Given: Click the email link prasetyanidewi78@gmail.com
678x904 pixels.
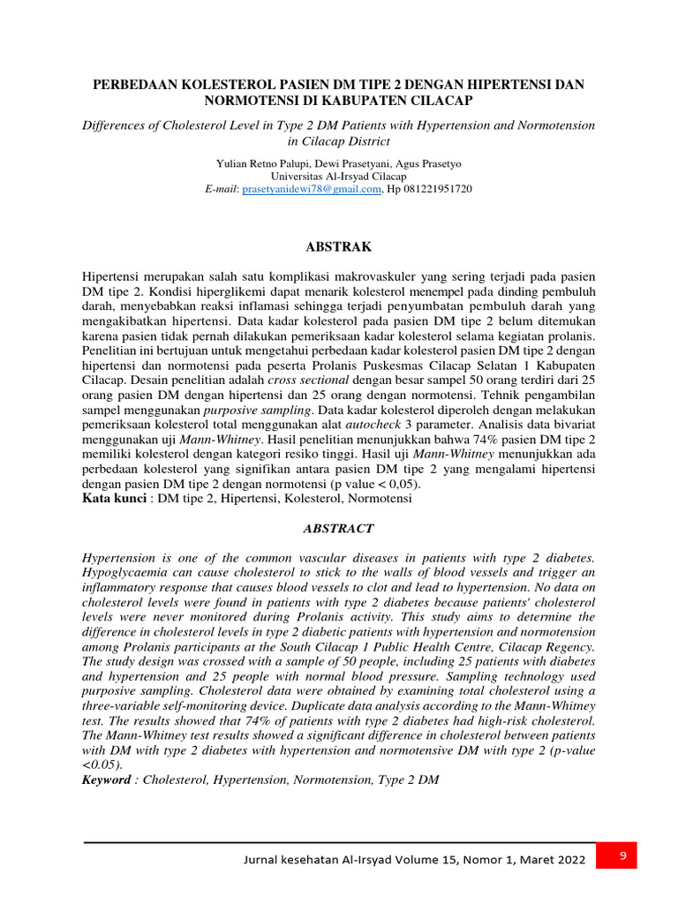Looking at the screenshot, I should tap(312, 189).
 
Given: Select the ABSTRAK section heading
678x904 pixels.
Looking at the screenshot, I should tap(339, 246).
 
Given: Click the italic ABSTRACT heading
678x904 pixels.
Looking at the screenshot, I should tap(339, 529).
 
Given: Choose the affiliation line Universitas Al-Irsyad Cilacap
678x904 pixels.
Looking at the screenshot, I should tap(339, 177).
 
